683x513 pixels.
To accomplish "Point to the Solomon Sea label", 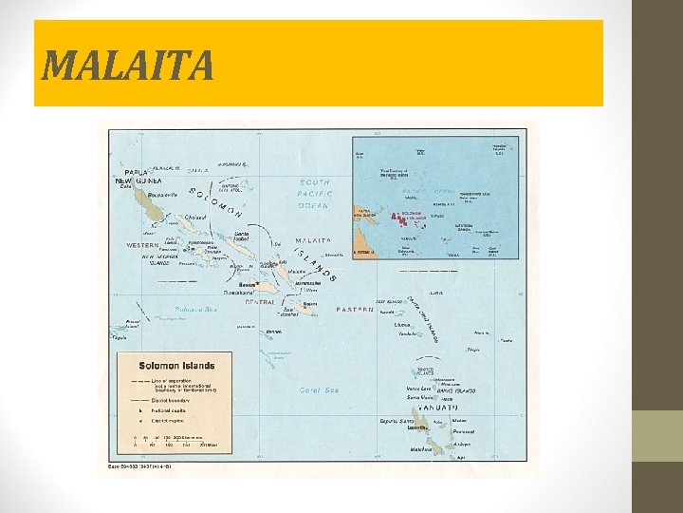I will (x=195, y=310).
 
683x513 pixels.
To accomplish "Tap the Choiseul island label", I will (x=196, y=218).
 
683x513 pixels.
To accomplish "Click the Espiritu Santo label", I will (x=397, y=421).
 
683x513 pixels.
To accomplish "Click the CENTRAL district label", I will (x=260, y=302).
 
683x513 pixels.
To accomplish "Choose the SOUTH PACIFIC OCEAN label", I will (x=314, y=193).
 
